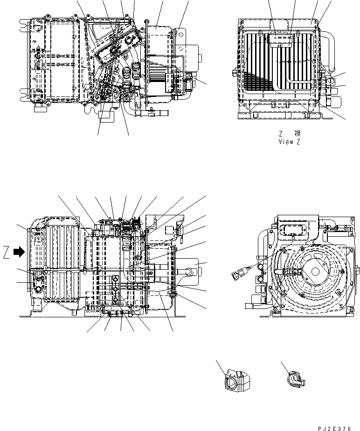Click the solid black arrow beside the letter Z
19,252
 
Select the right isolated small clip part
294,378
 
